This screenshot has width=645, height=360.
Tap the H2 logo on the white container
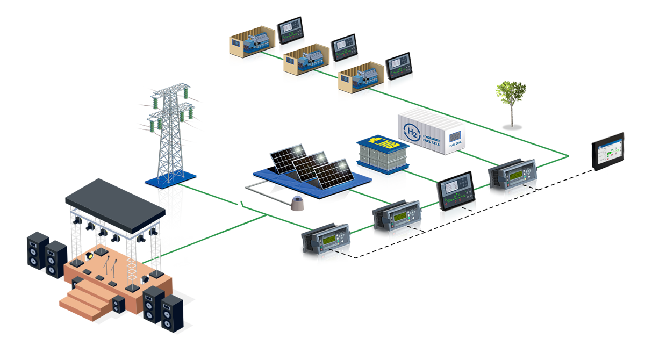pyautogui.click(x=411, y=132)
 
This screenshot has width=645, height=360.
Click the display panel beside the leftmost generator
pyautogui.click(x=290, y=33)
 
